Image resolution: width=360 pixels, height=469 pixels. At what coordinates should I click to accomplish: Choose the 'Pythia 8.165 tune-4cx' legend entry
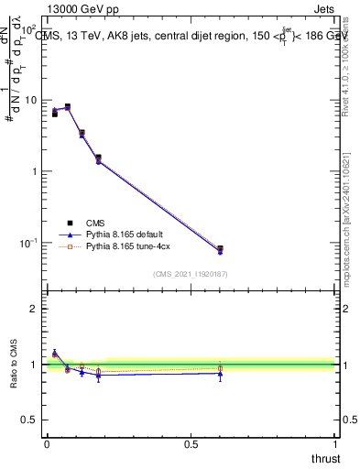point(127,246)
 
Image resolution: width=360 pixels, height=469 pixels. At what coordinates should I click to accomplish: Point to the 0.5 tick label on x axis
point(191,444)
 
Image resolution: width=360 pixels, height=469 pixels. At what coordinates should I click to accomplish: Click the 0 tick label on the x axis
point(47,444)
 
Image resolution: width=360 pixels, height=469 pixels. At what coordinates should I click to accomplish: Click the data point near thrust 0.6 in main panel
point(220,249)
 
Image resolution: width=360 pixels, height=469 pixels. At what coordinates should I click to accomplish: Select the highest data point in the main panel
point(67,106)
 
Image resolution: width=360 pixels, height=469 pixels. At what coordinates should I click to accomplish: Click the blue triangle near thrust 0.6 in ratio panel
point(220,373)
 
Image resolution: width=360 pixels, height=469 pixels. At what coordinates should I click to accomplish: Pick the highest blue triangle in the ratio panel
point(54,353)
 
